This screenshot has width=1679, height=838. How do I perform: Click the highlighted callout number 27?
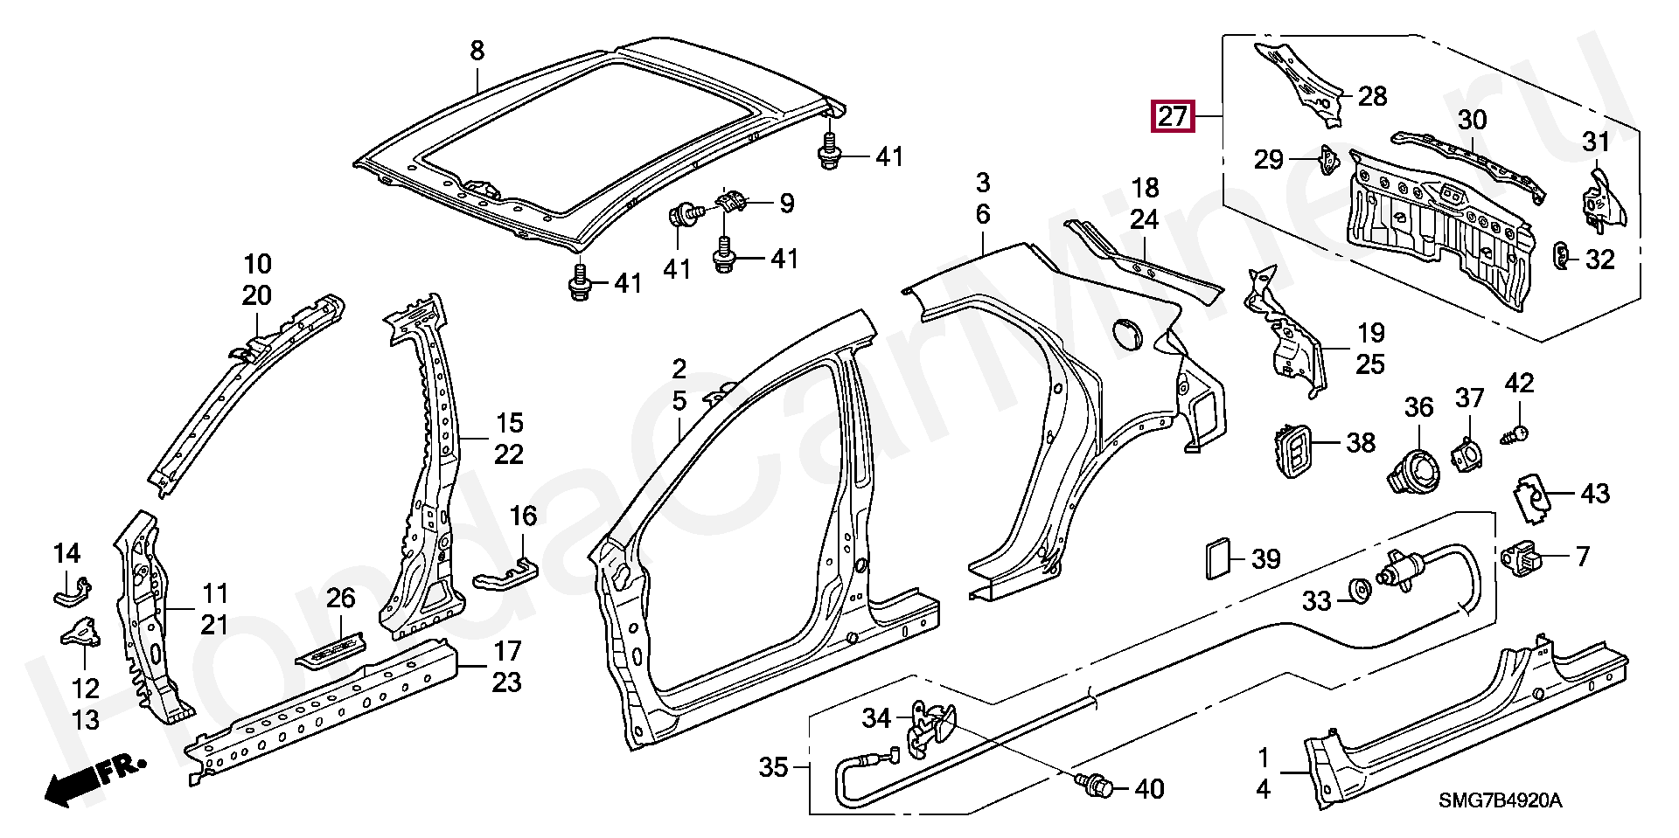pos(1173,116)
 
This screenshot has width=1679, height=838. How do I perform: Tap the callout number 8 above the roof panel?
pos(477,51)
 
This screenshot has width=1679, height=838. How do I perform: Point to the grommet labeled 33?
pos(1358,590)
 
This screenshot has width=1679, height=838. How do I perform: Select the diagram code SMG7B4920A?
pos(1501,800)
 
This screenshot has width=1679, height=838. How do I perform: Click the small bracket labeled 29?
pos(1328,161)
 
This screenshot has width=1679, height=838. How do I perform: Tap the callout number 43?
pos(1595,494)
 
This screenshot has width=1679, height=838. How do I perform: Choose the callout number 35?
pos(773,767)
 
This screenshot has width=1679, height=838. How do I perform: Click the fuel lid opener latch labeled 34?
pos(930,727)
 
